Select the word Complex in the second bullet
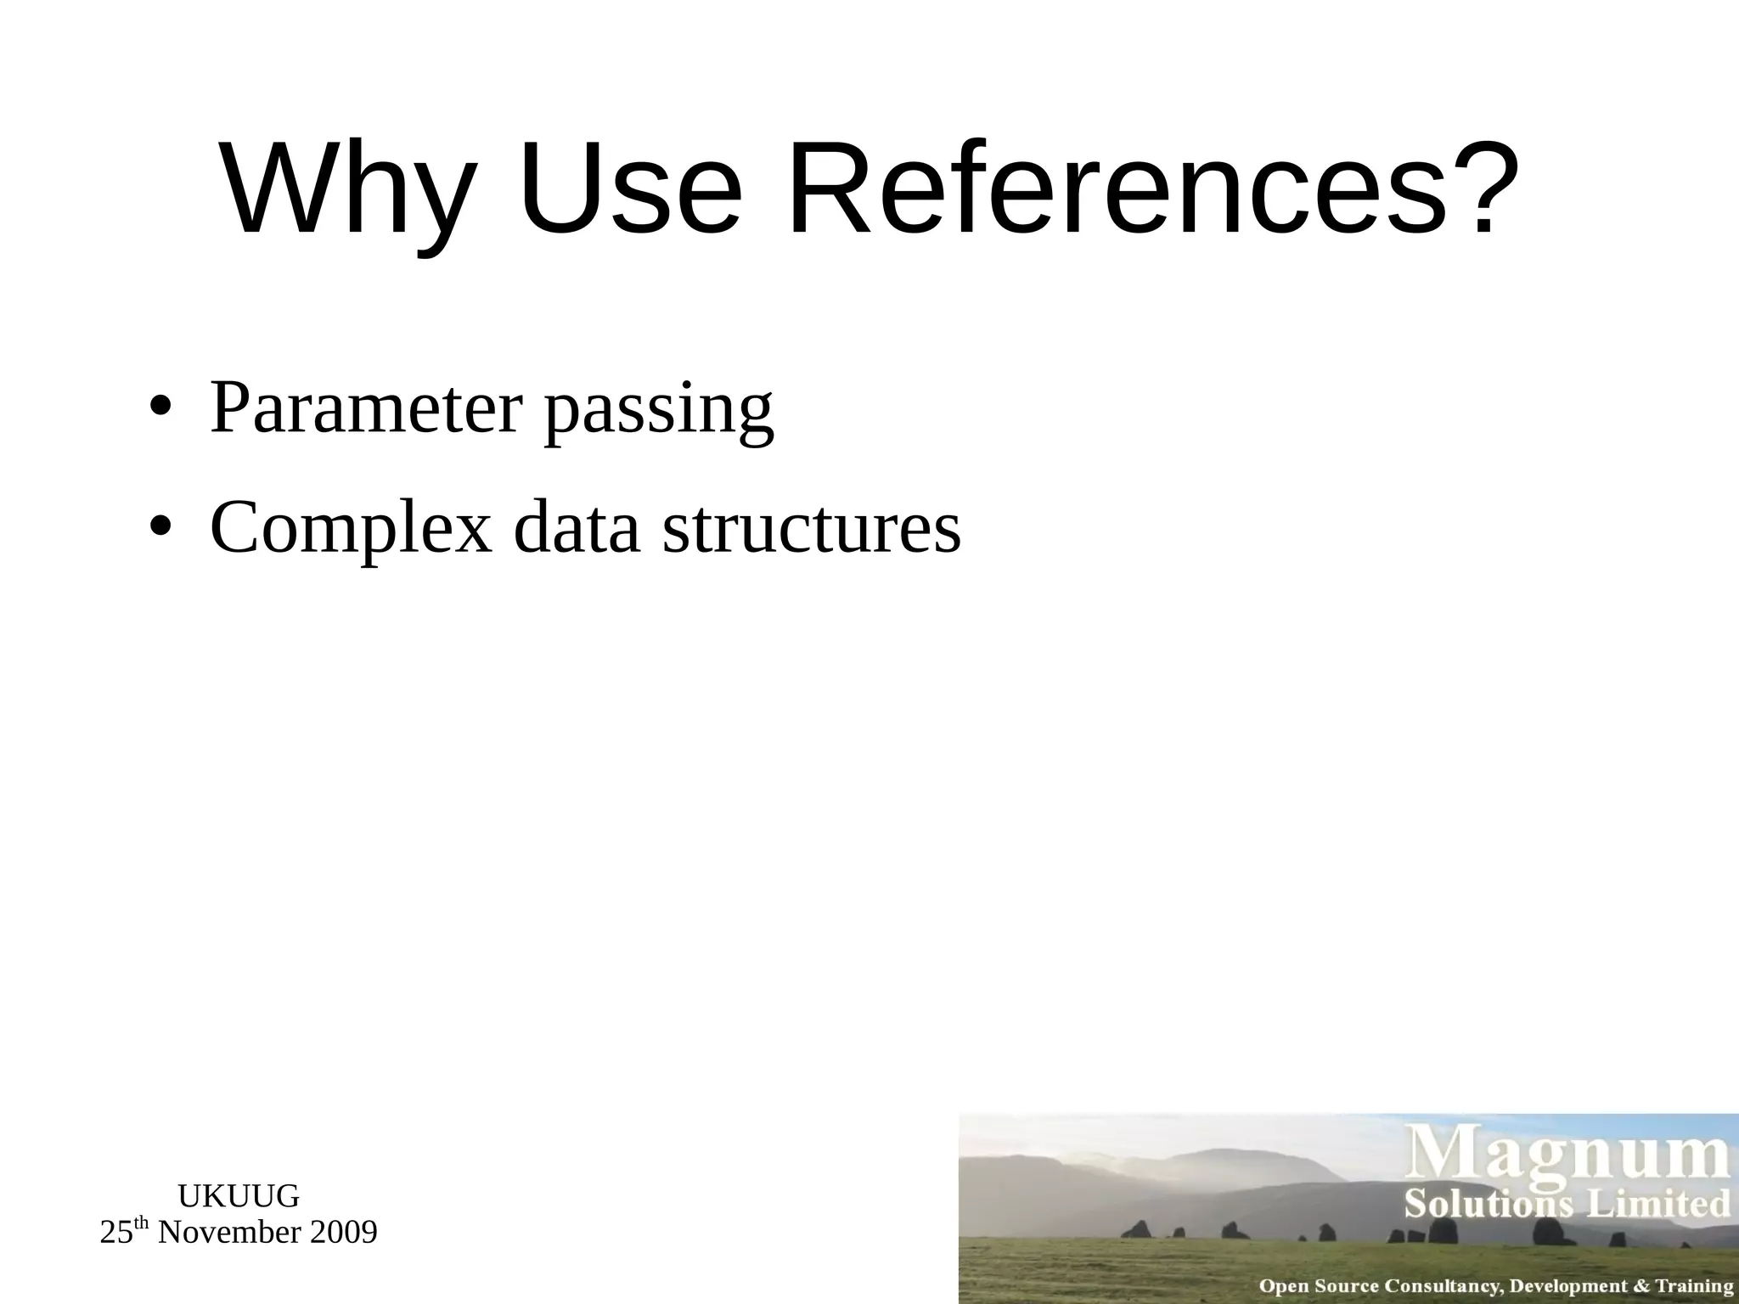click(x=351, y=528)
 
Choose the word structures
click(x=812, y=528)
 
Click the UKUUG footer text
click(x=239, y=1196)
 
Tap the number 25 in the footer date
click(x=116, y=1233)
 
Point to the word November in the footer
click(x=228, y=1232)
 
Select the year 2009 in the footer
click(x=343, y=1232)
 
